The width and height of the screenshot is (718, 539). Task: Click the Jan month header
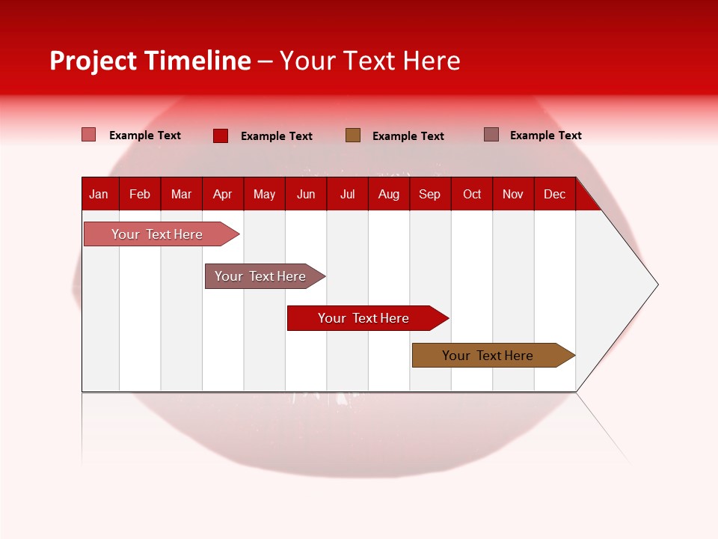click(x=99, y=194)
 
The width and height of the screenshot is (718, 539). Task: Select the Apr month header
click(x=222, y=194)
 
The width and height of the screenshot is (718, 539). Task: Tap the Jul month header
click(x=347, y=194)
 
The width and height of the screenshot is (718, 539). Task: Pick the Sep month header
click(x=429, y=194)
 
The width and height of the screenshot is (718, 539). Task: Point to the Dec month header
click(x=554, y=194)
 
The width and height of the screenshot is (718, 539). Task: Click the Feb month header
click(x=140, y=194)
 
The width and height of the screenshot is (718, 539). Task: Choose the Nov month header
click(x=512, y=194)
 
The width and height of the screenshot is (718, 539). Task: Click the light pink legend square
click(x=89, y=135)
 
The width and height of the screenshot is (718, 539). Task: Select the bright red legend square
click(x=221, y=135)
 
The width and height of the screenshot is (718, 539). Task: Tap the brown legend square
click(x=353, y=135)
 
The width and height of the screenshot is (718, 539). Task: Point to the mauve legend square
click(x=491, y=135)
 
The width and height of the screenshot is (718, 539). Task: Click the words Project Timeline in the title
click(x=150, y=61)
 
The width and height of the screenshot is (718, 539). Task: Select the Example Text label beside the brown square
click(x=408, y=135)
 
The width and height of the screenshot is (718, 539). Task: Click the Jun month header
click(x=306, y=194)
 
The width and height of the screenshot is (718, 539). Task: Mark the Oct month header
click(x=472, y=194)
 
